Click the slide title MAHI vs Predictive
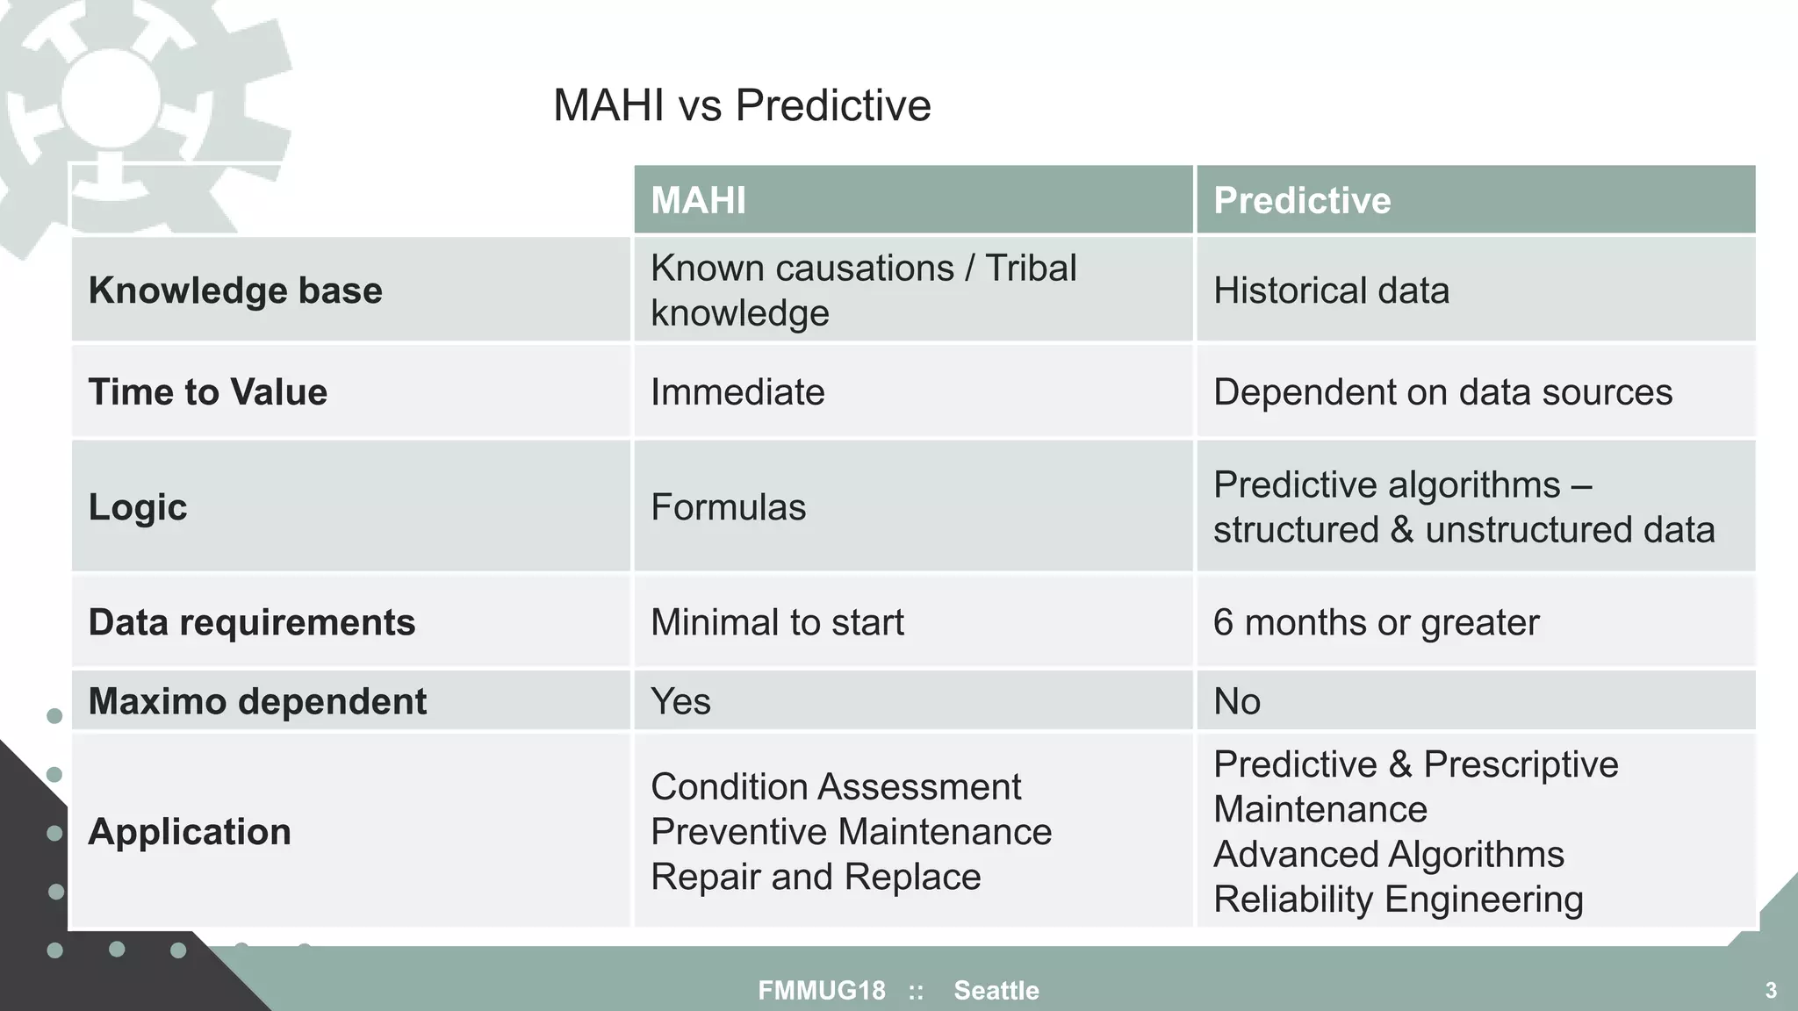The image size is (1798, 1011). [742, 105]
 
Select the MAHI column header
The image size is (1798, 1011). [699, 200]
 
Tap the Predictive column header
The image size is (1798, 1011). [1302, 200]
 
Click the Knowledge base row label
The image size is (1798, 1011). [235, 290]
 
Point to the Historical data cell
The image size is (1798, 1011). [1331, 290]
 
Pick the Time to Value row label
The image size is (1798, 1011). [208, 391]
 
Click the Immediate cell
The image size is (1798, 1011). [737, 391]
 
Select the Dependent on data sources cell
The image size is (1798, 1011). [1442, 391]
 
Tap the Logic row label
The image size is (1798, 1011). [138, 507]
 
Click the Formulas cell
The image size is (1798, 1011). [728, 507]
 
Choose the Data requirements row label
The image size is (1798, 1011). [252, 622]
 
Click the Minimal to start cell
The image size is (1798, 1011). [777, 622]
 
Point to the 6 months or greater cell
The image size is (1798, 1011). [1376, 622]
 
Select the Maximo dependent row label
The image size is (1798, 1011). [257, 701]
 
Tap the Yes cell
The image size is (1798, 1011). [680, 701]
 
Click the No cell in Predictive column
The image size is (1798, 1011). [1236, 701]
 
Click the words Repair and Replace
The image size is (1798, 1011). [816, 877]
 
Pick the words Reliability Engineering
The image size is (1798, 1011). [1398, 900]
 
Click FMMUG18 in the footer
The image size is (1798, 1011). [822, 991]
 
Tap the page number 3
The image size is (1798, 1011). [1771, 991]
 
